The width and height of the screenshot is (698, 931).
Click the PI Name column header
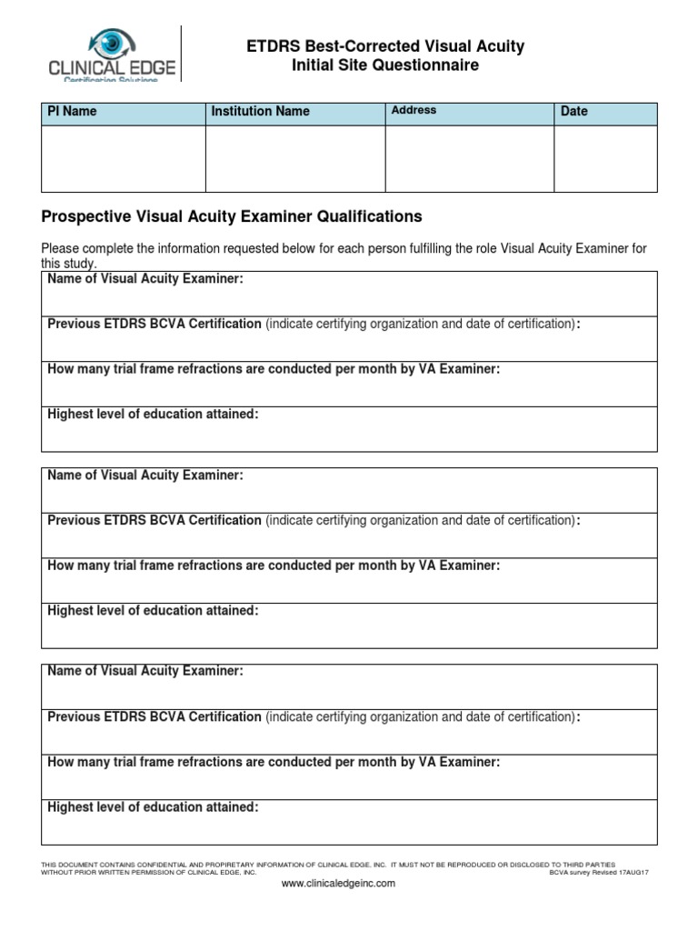72,111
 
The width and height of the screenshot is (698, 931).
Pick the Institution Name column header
260,111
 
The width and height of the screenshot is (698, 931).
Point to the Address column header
414,110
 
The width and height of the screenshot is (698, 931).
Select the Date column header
574,111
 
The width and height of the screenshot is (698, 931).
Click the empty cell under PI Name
123,158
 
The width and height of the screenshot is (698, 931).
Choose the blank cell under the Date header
605,158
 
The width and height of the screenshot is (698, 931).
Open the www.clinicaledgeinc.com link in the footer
339,883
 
